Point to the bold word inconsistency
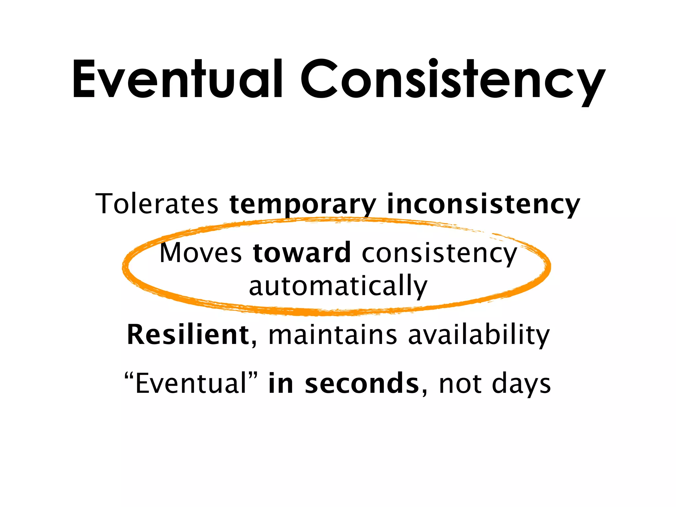[483, 205]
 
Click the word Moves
[201, 253]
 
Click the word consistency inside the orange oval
[439, 253]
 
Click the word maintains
[333, 335]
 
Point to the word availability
[479, 335]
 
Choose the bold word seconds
[361, 384]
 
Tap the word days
[521, 384]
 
